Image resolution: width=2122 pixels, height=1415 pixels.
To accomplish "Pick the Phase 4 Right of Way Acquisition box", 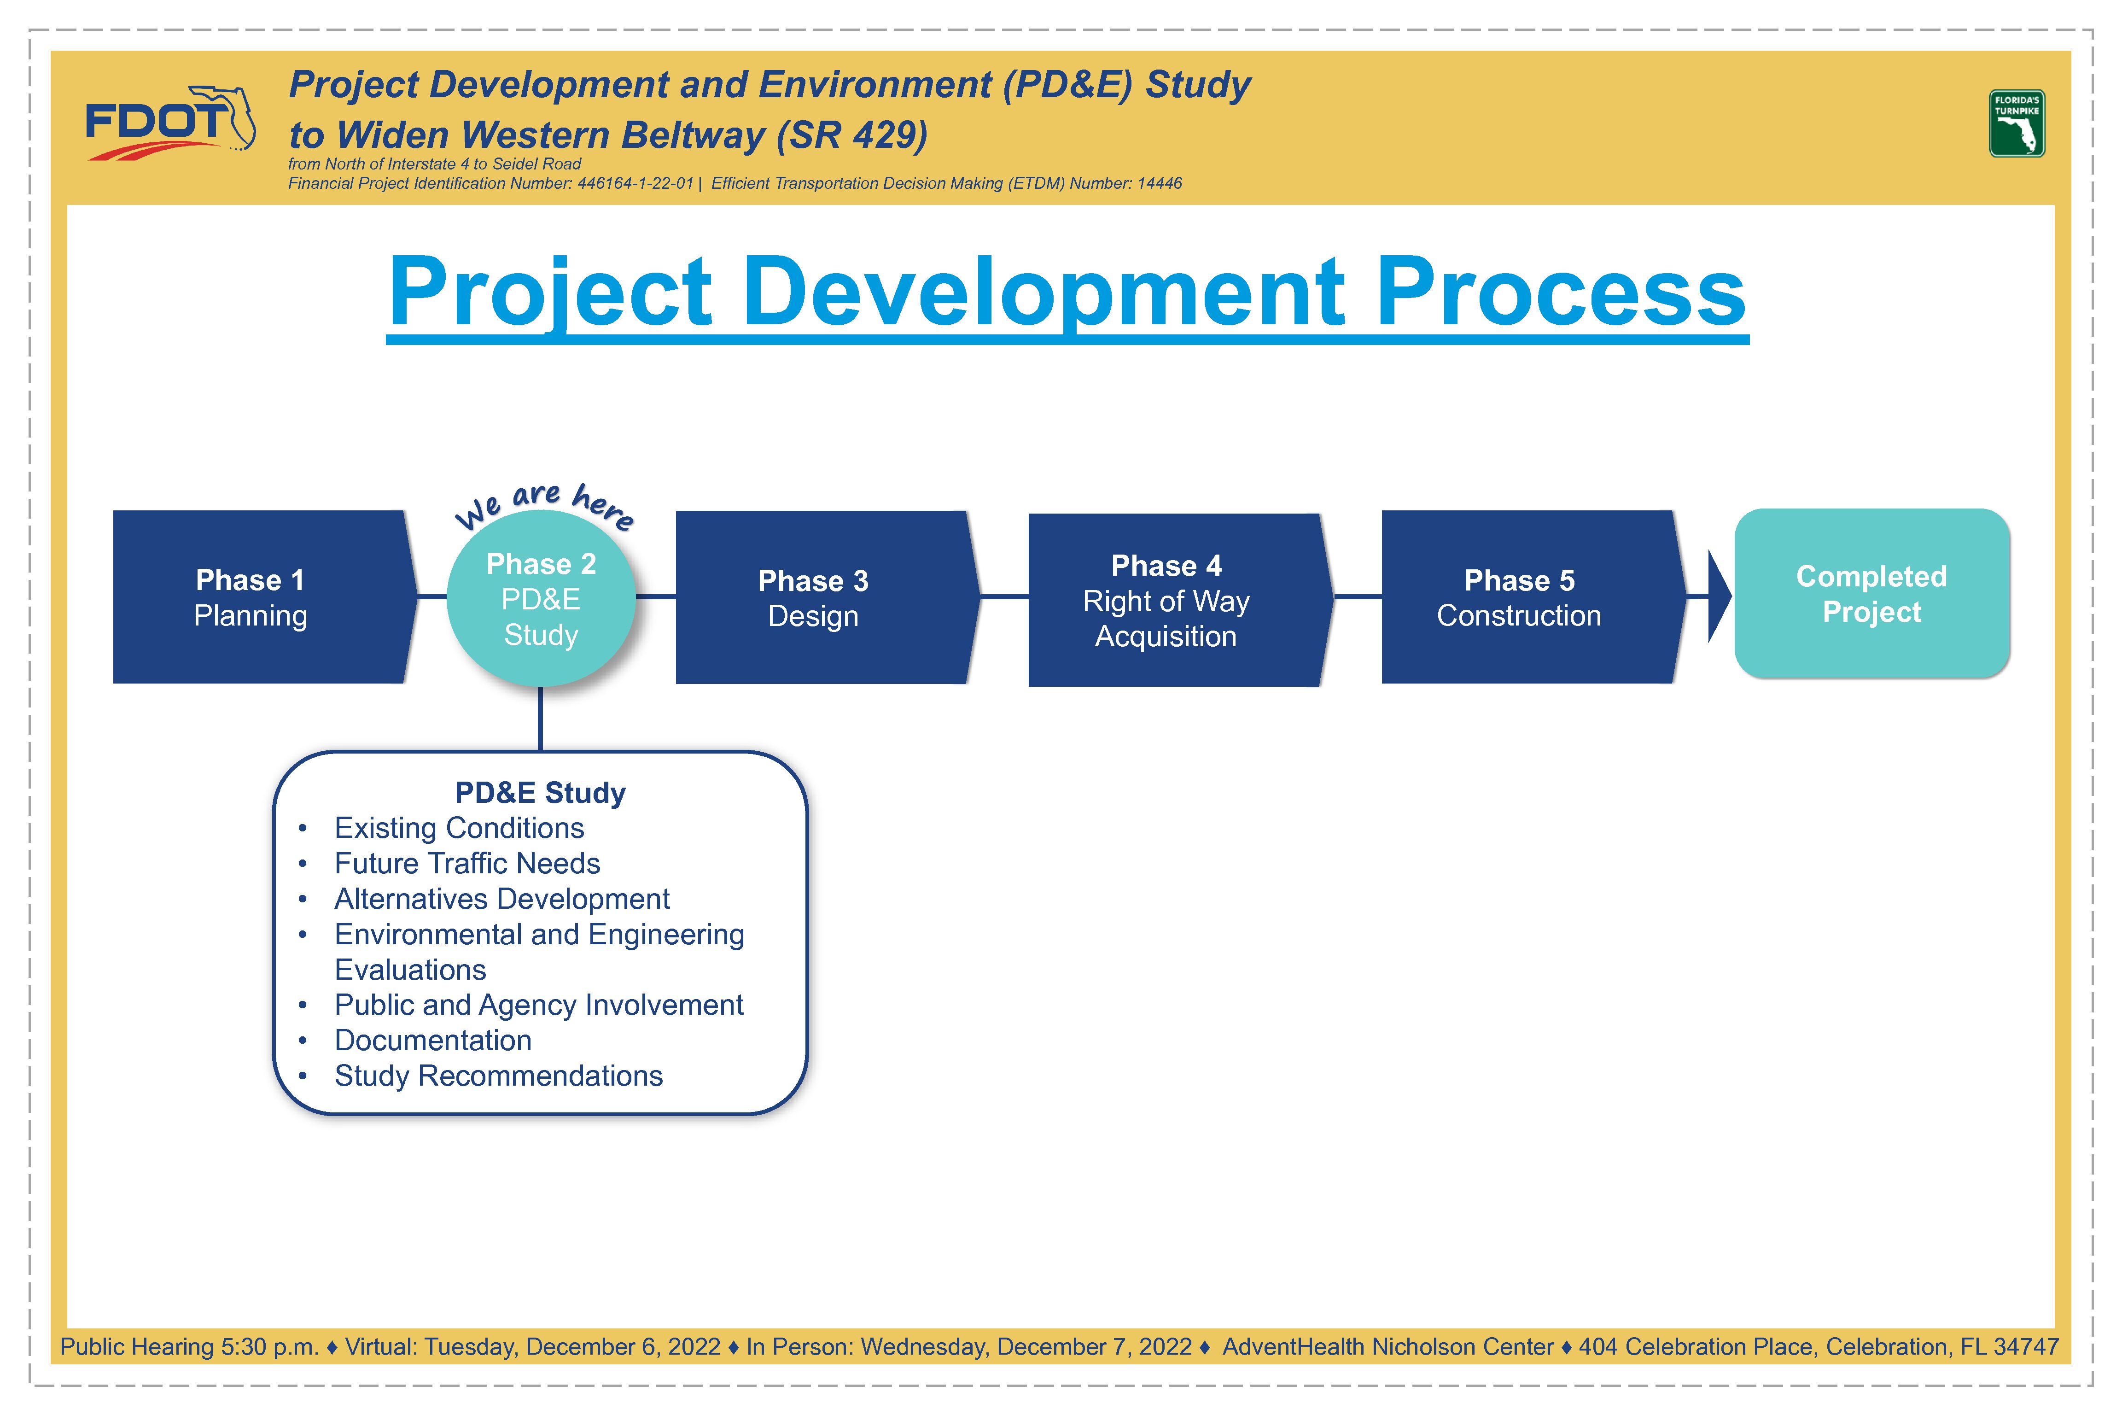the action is [x=1180, y=600].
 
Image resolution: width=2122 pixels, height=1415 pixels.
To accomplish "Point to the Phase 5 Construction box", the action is [x=1534, y=596].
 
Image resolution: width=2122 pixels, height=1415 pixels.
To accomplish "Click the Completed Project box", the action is [x=1872, y=593].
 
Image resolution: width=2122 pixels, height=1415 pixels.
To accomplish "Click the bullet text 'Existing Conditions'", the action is [x=459, y=828].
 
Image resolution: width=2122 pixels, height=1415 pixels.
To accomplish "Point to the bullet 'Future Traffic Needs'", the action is [x=467, y=864].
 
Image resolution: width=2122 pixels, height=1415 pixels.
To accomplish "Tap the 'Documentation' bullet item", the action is [x=433, y=1041].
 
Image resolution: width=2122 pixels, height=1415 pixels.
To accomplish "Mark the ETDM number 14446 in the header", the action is [x=1160, y=183].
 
